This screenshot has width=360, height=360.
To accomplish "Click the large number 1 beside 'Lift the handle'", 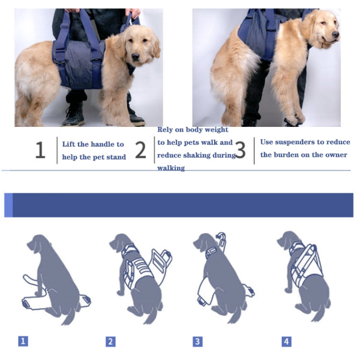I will coord(40,150).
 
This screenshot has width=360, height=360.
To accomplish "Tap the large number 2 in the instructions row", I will coord(140,150).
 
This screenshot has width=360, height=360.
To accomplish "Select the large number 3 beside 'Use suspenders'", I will coord(240,150).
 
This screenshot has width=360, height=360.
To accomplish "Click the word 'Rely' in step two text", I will coord(166,130).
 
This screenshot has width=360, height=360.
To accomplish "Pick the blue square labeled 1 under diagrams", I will coord(23,341).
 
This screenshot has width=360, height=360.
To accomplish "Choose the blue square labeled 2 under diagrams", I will coord(110,342).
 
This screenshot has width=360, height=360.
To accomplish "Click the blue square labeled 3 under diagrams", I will coord(197,342).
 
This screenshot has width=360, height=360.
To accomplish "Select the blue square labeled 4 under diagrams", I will coord(286,342).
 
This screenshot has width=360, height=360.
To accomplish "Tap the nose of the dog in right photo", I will coord(336,35).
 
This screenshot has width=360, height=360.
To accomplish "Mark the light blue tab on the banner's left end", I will coord(8,205).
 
